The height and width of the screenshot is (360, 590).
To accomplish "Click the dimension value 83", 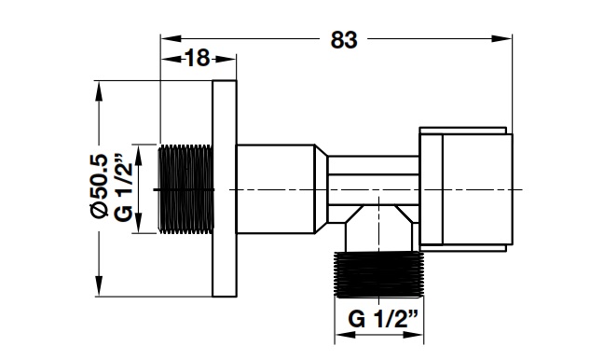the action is coord(344,39).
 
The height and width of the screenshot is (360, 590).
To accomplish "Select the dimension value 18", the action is coord(198,59).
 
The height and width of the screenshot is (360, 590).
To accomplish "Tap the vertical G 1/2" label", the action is coord(123,187).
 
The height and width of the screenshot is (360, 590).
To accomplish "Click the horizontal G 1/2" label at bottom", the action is coord(383,319).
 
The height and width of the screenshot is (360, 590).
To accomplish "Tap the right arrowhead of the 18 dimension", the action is coord(226,59).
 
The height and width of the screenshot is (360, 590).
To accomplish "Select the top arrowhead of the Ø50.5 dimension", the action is coord(99,90).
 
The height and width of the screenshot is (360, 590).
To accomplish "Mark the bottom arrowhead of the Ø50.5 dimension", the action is coord(99,286).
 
